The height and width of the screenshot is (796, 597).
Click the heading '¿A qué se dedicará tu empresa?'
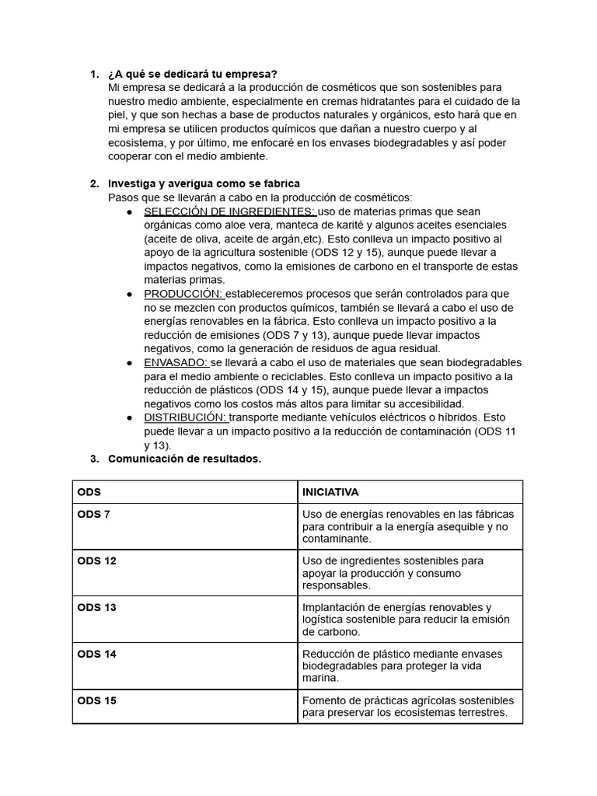point(192,74)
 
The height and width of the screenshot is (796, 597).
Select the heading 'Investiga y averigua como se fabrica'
point(204,183)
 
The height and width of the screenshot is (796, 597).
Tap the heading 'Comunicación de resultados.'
point(184,459)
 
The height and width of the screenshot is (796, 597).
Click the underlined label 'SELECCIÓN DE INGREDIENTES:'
point(230,211)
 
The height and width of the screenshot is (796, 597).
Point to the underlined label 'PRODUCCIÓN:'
point(183,294)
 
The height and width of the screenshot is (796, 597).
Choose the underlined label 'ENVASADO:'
point(176,362)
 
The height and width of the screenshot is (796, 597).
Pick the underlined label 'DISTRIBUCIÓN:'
point(186,417)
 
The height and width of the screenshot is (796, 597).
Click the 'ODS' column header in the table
point(89,492)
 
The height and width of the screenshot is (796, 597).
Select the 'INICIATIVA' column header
point(330,492)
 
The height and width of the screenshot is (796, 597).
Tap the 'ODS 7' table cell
point(93,514)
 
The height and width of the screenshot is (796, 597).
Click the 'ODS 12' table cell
point(96,560)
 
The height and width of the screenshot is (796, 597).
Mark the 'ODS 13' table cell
point(96,607)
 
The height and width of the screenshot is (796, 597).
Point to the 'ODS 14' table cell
point(96,654)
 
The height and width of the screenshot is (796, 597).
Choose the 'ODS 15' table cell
point(96,700)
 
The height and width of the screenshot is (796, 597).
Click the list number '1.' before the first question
point(94,74)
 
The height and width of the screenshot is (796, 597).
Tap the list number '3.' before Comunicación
point(94,459)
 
